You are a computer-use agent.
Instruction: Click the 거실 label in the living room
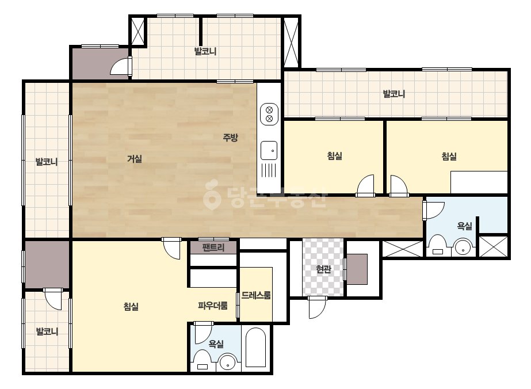tap(135, 158)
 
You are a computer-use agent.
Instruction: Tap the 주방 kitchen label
tap(230, 137)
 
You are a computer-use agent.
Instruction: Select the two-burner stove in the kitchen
tap(269, 114)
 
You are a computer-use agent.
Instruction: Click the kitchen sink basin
tap(269, 150)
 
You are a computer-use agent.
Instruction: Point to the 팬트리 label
tap(213, 247)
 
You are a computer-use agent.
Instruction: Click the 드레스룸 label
tap(256, 295)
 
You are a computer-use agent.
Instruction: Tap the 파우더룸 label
tap(213, 306)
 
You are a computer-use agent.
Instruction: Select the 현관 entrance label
tap(323, 269)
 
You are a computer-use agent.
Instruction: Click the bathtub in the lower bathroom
tap(255, 348)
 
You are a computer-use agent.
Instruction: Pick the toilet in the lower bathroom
tap(203, 361)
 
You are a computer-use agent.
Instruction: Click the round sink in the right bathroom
tap(463, 247)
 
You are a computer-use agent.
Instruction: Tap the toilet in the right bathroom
tap(438, 246)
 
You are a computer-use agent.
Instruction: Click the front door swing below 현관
tap(317, 308)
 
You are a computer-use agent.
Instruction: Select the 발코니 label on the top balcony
tap(205, 52)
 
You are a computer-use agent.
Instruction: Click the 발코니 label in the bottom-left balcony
tap(47, 331)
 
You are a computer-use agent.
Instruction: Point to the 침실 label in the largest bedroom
tap(131, 307)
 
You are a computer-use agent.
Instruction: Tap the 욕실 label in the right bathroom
tap(464, 226)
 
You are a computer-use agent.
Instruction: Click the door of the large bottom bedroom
tap(171, 249)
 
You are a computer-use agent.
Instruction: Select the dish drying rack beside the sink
tap(269, 170)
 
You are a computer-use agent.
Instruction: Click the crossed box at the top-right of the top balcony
tap(291, 43)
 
